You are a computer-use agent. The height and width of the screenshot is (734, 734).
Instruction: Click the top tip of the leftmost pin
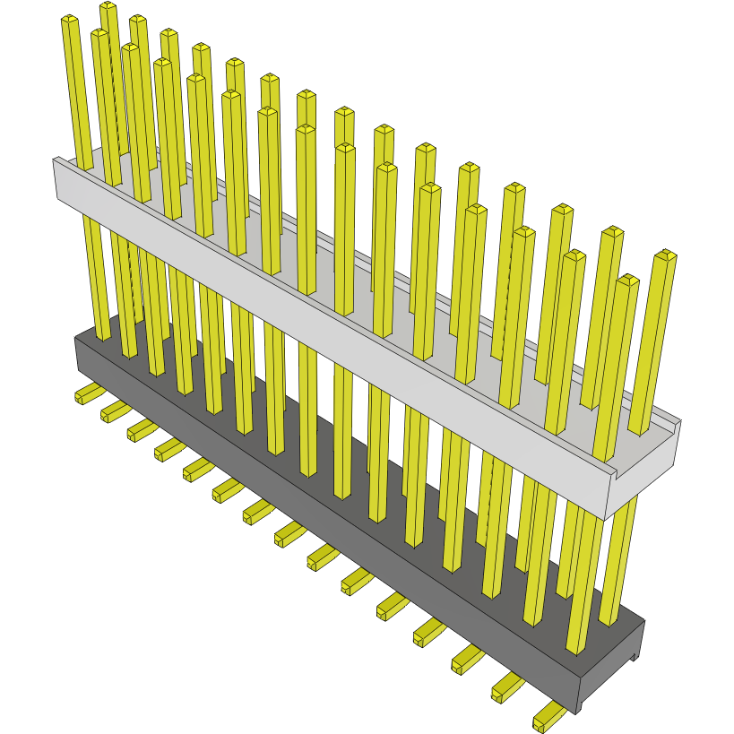[x=70, y=21]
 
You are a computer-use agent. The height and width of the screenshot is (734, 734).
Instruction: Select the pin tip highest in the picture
[x=108, y=7]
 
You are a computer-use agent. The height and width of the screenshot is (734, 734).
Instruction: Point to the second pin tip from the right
[x=628, y=281]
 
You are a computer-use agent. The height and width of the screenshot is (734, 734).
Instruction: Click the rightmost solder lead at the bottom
[x=548, y=716]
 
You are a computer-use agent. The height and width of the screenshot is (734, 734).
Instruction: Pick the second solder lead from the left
[x=115, y=410]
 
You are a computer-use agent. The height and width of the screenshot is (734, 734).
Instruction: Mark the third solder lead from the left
[x=142, y=430]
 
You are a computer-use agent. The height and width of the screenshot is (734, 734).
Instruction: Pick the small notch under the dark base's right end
[x=634, y=659]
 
